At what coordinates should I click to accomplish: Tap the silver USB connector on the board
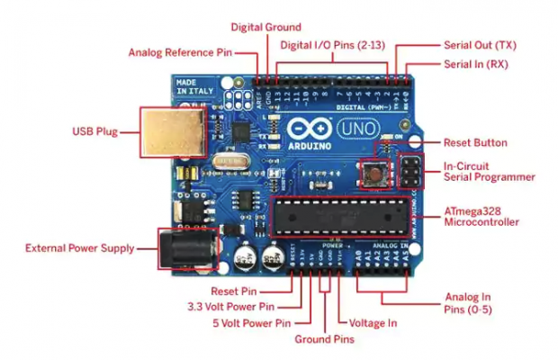[x=168, y=132]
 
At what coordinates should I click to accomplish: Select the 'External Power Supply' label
[x=79, y=247]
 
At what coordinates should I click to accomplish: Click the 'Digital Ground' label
[x=265, y=27]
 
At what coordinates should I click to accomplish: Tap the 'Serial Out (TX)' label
[x=480, y=44]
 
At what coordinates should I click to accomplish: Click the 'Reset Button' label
[x=475, y=143]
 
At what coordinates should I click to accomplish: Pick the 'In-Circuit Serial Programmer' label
[x=490, y=171]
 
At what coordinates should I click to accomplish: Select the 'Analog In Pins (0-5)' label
[x=468, y=303]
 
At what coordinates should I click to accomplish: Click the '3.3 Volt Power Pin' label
[x=242, y=306]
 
